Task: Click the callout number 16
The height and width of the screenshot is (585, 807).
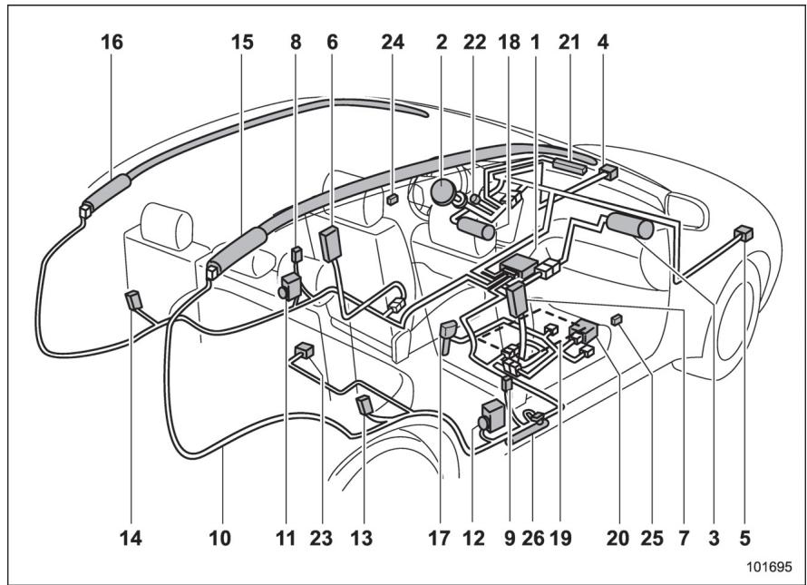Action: (112, 43)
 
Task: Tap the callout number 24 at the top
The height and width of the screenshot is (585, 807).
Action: (393, 43)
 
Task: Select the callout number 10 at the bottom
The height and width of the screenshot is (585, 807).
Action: (219, 538)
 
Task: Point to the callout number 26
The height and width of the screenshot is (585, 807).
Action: (532, 538)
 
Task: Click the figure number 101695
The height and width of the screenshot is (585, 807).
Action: (770, 567)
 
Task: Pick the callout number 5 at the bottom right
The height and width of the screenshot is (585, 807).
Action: (744, 538)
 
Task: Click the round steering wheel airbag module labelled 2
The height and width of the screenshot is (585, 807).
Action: (442, 192)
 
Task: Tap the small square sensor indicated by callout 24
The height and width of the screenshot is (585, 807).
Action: (393, 199)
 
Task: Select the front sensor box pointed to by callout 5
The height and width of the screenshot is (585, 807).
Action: (744, 233)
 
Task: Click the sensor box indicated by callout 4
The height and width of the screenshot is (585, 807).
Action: (608, 172)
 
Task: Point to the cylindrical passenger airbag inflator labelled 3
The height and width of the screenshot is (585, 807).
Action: (630, 226)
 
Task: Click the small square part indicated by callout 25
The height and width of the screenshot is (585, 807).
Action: (616, 320)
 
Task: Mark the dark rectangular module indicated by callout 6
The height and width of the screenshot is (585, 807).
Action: (331, 244)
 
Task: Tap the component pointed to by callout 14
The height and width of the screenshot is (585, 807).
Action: (134, 300)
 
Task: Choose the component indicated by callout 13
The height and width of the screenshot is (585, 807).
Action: (364, 405)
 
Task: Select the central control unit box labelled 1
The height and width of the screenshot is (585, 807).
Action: (519, 267)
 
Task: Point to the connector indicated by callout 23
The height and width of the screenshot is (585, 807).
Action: (304, 351)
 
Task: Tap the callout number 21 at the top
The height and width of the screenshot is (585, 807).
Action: (569, 43)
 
